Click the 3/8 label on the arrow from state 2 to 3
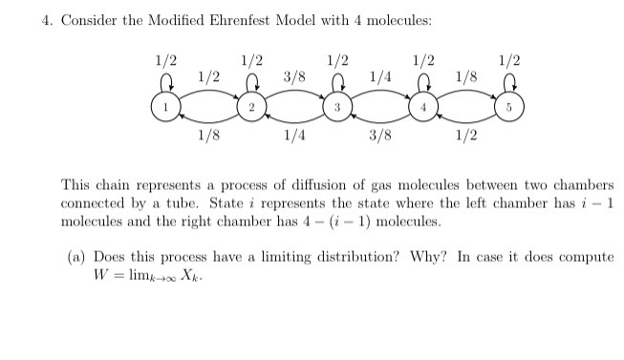coord(295,75)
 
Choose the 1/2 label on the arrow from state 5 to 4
coord(466,137)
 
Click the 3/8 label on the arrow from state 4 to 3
coord(380,137)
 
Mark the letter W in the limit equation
coord(98,275)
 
